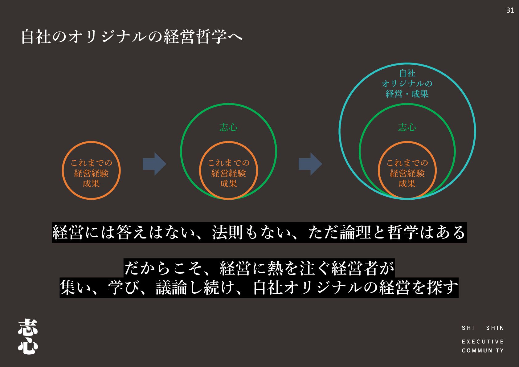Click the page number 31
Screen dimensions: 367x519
click(x=510, y=10)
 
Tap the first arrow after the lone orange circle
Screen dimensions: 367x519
click(x=154, y=164)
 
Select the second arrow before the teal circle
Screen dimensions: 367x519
click(x=310, y=164)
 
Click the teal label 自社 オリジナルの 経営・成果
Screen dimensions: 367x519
click(x=407, y=84)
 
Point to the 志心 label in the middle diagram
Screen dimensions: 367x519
click(x=228, y=127)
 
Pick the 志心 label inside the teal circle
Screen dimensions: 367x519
click(x=407, y=127)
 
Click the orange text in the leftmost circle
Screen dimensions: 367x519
click(x=91, y=173)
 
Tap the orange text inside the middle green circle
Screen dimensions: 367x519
click(x=228, y=173)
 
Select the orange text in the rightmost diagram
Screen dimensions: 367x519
click(x=407, y=173)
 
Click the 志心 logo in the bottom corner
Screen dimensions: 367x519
click(x=28, y=336)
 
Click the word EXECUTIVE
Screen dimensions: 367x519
click(x=483, y=341)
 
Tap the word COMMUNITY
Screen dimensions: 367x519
click(x=483, y=350)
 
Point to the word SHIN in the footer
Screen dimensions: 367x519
click(x=495, y=328)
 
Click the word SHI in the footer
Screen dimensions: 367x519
click(x=468, y=328)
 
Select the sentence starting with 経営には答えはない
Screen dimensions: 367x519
click(x=259, y=232)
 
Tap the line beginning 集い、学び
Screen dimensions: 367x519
click(x=259, y=287)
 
